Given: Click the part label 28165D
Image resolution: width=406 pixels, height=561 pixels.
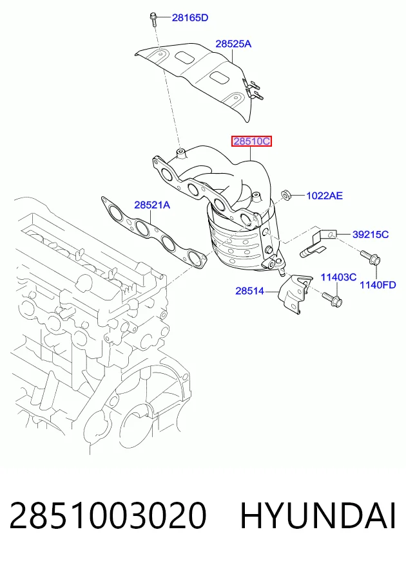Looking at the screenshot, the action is point(190,17).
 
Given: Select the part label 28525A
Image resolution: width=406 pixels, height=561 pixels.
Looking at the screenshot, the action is point(233,44).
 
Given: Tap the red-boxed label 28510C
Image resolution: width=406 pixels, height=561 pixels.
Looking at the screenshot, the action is point(251,142).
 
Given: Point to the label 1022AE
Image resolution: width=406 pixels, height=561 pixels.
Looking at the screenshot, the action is point(324,196).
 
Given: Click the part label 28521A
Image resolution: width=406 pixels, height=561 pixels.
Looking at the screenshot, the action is point(152,205).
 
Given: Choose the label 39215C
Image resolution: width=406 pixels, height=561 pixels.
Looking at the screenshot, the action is point(371,234).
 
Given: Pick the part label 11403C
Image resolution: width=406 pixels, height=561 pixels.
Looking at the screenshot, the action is point(338,277).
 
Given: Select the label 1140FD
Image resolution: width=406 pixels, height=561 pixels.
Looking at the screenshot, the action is point(378,285).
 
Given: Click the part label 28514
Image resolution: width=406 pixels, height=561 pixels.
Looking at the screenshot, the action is point(250,291).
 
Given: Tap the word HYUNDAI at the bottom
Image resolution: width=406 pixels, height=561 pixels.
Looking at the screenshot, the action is point(318,516).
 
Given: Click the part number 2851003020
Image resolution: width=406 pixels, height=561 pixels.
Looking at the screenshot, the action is point(108,516).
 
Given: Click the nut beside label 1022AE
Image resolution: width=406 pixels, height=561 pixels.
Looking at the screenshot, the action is point(286,196).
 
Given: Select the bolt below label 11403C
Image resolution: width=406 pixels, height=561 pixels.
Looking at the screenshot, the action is point(332,300).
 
